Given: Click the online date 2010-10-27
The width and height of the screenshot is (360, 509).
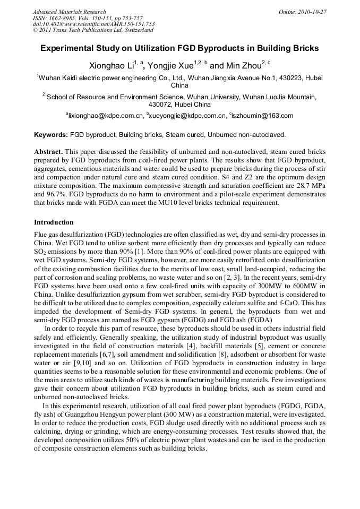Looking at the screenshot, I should pyautogui.click(x=311, y=12).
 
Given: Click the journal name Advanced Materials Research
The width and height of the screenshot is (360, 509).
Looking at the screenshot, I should pyautogui.click(x=69, y=12).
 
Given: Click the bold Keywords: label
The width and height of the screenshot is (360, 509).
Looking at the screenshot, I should pyautogui.click(x=51, y=135).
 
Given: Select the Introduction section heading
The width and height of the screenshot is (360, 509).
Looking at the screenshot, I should pyautogui.click(x=54, y=222).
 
